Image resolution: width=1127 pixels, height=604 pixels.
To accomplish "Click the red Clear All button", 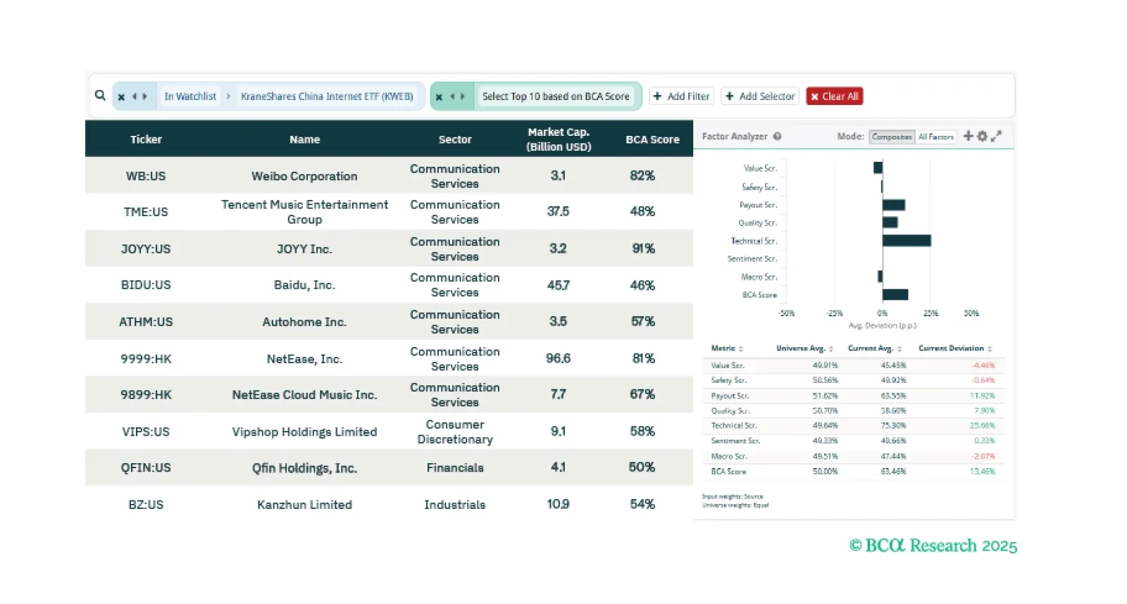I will pyautogui.click(x=835, y=96).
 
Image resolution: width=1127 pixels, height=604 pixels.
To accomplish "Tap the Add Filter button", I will pyautogui.click(x=682, y=96).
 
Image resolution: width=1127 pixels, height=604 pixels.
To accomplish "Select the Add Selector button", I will pyautogui.click(x=760, y=96).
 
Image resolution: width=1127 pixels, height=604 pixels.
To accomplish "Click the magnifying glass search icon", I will pyautogui.click(x=100, y=96).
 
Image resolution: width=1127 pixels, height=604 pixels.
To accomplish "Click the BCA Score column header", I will pyautogui.click(x=652, y=139).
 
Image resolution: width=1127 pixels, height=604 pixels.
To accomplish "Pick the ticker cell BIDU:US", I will pyautogui.click(x=146, y=285).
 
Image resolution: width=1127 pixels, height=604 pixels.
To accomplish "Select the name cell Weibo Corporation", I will pyautogui.click(x=304, y=176).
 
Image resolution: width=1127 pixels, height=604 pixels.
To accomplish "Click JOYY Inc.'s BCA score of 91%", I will pyautogui.click(x=643, y=248).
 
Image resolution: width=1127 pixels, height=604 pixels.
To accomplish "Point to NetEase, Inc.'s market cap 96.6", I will pyautogui.click(x=558, y=358).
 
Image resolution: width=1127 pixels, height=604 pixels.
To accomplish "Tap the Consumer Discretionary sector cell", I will pyautogui.click(x=455, y=432).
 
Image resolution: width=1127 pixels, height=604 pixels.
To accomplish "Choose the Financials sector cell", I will pyautogui.click(x=455, y=468).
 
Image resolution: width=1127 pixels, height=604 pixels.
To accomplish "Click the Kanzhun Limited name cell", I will pyautogui.click(x=304, y=505).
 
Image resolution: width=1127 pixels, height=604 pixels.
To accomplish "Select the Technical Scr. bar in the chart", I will pyautogui.click(x=907, y=241).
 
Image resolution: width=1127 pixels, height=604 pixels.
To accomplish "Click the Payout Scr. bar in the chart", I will pyautogui.click(x=894, y=205).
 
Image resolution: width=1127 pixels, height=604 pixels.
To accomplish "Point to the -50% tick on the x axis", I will pyautogui.click(x=786, y=313).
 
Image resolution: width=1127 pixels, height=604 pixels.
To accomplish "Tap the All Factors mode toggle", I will pyautogui.click(x=935, y=137).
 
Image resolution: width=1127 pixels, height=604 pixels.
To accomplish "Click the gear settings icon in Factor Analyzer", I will pyautogui.click(x=982, y=136).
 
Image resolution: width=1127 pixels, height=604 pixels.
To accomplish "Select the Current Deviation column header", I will pyautogui.click(x=951, y=348).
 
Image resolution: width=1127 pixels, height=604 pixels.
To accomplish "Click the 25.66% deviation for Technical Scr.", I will pyautogui.click(x=982, y=426).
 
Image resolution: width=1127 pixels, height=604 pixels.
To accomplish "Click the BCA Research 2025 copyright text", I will pyautogui.click(x=933, y=546).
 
